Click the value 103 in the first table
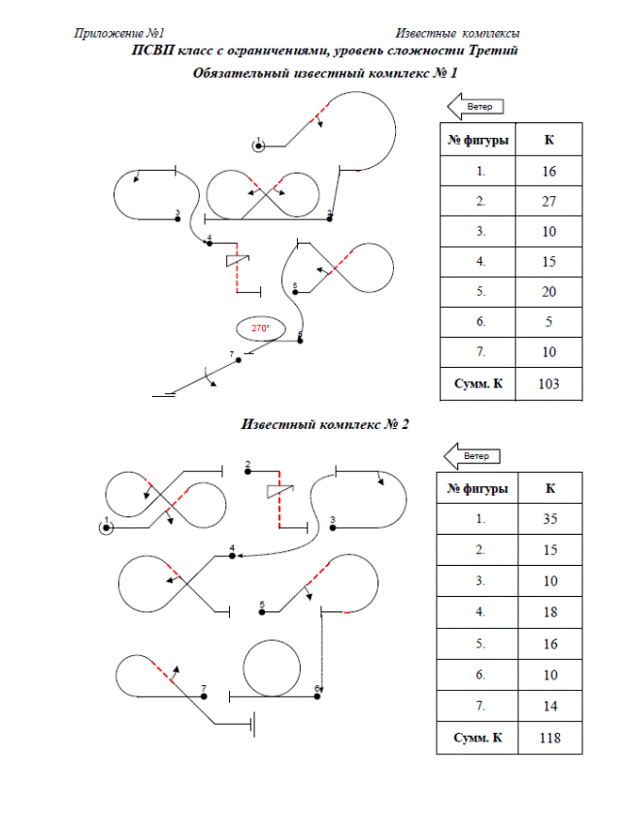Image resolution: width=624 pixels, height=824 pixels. point(548,384)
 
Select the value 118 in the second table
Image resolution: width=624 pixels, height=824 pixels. point(548,738)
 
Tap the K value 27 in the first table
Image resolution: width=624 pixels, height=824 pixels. point(548,202)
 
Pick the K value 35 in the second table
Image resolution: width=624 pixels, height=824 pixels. point(548,518)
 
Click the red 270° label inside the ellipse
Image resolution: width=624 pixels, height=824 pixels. point(260,328)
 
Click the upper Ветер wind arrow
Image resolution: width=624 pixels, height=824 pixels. point(475,105)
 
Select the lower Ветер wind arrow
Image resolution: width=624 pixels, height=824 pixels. point(472,455)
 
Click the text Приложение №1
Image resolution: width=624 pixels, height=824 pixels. point(119,34)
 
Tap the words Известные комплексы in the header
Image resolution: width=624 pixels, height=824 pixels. point(457,34)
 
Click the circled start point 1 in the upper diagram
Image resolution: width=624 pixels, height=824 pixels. point(259,146)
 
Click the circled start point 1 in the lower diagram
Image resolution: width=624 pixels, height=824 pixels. point(106,527)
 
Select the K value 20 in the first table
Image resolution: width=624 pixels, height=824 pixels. point(548,292)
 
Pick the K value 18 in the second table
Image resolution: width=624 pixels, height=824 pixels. point(548,612)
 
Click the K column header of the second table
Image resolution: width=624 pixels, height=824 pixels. point(548,488)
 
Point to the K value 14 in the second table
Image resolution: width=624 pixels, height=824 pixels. point(548,706)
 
